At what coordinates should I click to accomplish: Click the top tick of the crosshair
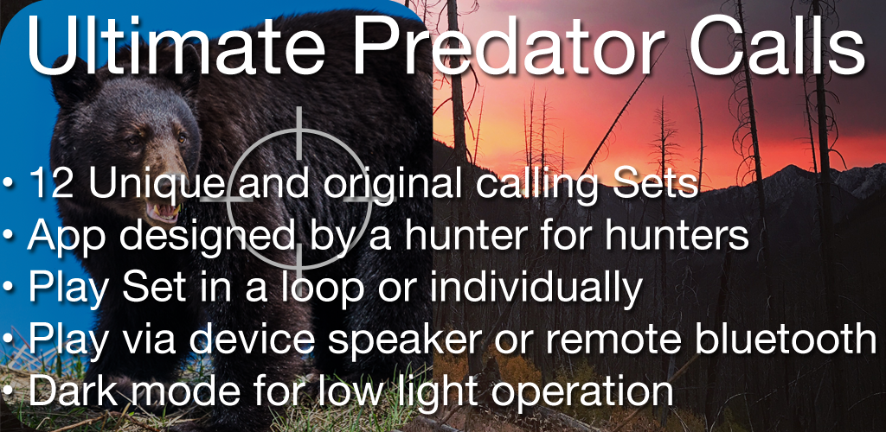tap(299, 131)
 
